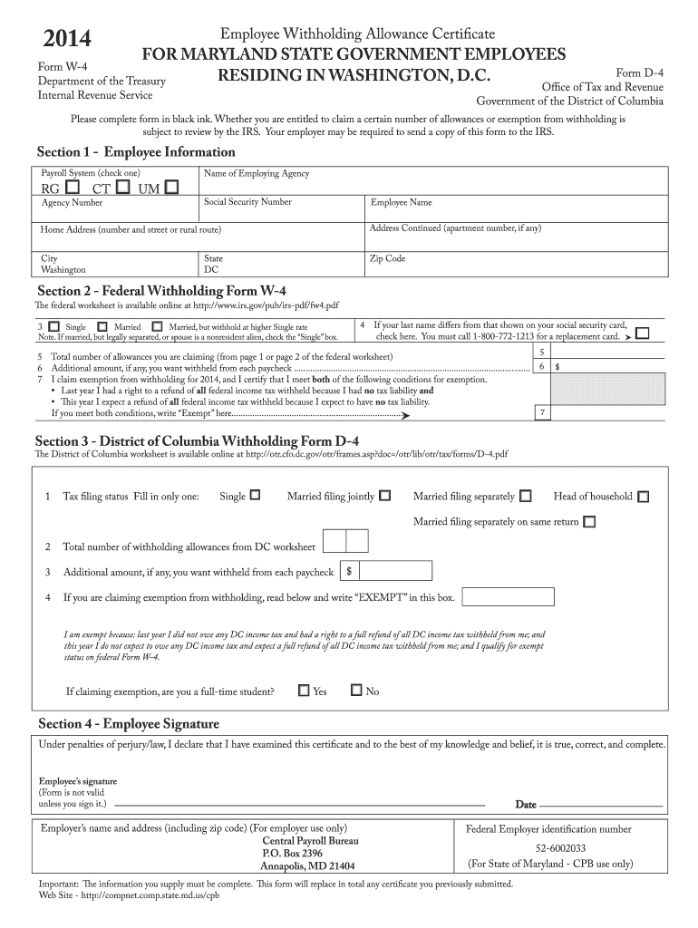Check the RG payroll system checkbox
(x=72, y=187)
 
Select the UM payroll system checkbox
(x=172, y=187)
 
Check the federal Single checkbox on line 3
(x=54, y=325)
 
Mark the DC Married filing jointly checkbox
(x=385, y=496)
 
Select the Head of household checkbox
(x=643, y=497)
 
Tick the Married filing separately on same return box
(x=590, y=522)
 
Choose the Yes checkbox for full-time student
(x=304, y=691)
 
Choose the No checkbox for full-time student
(x=356, y=691)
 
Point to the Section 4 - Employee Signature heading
(x=128, y=724)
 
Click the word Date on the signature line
(x=526, y=804)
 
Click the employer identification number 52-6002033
(x=548, y=848)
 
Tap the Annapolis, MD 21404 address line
(x=307, y=865)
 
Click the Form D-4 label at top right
(x=639, y=72)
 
